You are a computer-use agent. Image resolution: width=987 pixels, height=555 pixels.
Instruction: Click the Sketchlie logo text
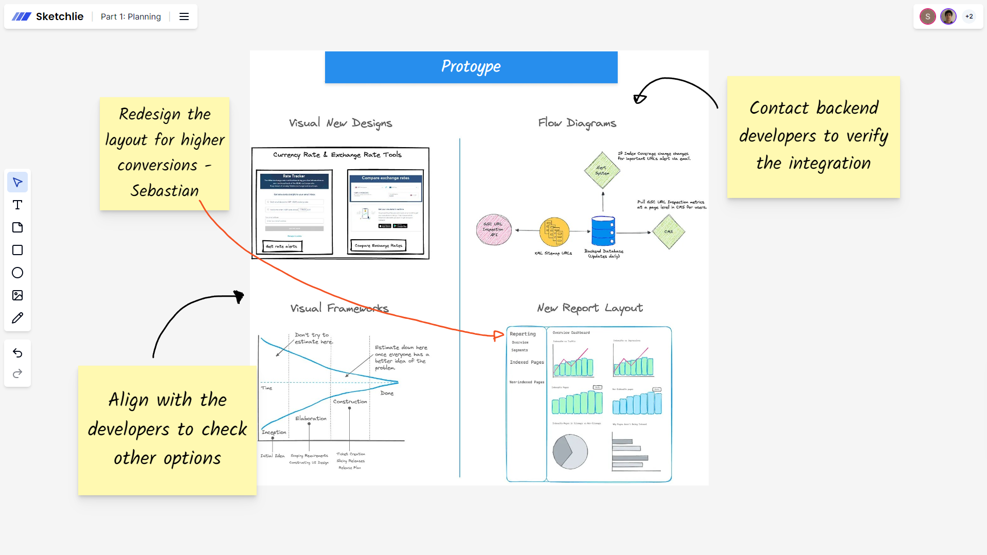(x=59, y=16)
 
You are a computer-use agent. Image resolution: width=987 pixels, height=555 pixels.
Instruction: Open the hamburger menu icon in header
(x=184, y=16)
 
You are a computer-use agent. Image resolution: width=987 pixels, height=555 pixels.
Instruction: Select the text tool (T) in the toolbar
(x=17, y=205)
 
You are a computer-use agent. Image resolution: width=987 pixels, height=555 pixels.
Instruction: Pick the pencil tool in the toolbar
(x=17, y=318)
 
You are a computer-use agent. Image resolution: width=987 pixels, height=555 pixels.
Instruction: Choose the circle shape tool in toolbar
(x=17, y=273)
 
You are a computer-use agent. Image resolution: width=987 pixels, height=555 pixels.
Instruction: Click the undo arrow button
(x=17, y=353)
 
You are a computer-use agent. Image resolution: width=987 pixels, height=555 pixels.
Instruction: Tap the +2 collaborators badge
(x=969, y=16)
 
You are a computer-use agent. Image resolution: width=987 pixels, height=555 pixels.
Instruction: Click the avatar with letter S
(x=927, y=16)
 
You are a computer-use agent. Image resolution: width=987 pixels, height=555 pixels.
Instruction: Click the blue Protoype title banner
(x=471, y=67)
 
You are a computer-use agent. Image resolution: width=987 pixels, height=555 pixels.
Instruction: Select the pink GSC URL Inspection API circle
(x=494, y=229)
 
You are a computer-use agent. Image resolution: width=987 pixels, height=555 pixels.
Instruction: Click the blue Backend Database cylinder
(x=603, y=231)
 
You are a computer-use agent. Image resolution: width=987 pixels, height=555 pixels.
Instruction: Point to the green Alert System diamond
(x=602, y=170)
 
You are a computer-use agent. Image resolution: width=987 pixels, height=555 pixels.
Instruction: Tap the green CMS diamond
(x=668, y=231)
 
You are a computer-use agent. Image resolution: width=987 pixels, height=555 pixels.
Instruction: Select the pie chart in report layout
(x=570, y=451)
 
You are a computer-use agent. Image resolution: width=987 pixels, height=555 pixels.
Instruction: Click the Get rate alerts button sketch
(x=282, y=246)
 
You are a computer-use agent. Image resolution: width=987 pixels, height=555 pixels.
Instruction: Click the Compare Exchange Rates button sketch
(x=379, y=246)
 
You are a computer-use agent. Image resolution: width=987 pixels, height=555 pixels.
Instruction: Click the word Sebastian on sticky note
(x=165, y=191)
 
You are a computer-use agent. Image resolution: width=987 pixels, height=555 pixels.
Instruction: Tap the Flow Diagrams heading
(x=577, y=123)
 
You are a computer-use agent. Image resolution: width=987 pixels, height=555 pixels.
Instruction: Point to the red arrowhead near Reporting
(x=498, y=336)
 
